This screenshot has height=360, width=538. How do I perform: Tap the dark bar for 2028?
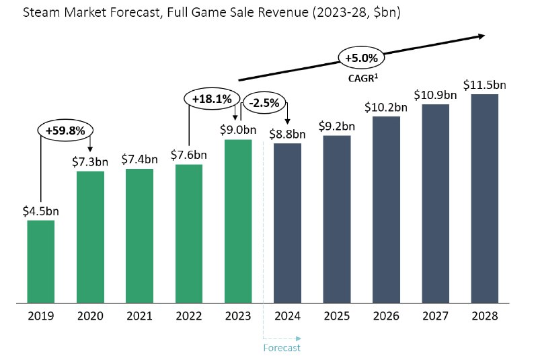tap(484, 199)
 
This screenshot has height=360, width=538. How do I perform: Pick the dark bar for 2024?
tap(287, 223)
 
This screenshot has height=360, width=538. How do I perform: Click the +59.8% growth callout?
tap(65, 131)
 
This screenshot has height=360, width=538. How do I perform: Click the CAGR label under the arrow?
tap(362, 78)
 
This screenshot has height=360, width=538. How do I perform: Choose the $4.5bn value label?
tap(40, 210)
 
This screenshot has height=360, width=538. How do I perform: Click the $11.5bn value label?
tap(484, 85)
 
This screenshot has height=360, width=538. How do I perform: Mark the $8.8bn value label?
tap(287, 133)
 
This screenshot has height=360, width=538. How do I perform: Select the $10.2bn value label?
tap(386, 106)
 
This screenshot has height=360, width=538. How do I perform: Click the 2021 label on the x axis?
tap(139, 316)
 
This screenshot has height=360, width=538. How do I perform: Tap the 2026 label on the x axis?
tap(386, 316)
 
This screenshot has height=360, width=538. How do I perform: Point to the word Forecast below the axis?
tap(282, 348)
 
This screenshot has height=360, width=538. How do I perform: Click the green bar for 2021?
tap(139, 236)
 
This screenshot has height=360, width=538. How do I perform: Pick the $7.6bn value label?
tap(188, 154)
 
